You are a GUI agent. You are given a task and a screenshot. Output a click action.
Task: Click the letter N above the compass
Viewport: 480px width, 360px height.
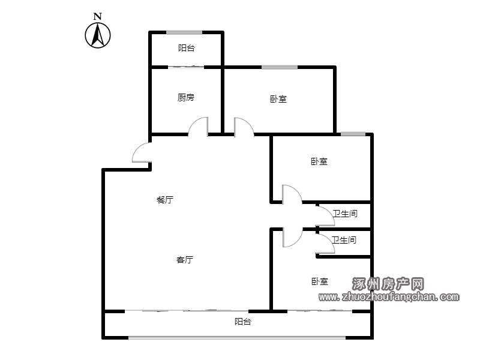click(x=98, y=16)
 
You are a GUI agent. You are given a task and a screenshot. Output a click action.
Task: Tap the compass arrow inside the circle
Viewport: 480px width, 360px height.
click(x=98, y=35)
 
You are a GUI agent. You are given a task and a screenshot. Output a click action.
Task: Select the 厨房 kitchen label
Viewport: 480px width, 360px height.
click(x=186, y=97)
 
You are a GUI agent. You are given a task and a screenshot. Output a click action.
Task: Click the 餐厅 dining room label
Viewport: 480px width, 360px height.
click(x=165, y=200)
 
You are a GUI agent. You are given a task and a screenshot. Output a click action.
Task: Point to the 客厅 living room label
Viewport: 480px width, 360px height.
click(x=185, y=260)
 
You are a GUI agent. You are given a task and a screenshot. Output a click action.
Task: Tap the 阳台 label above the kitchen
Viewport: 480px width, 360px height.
click(x=187, y=48)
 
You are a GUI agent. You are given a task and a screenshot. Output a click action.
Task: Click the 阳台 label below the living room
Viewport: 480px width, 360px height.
click(x=243, y=322)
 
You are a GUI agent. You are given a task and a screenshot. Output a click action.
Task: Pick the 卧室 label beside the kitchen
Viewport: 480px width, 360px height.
click(x=278, y=99)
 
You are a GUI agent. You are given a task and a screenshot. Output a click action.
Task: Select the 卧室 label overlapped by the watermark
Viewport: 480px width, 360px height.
click(x=320, y=281)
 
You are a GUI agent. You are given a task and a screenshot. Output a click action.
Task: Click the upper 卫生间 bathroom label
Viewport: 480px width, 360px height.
click(x=345, y=214)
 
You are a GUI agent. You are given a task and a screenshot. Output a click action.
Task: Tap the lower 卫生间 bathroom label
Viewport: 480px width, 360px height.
click(x=344, y=239)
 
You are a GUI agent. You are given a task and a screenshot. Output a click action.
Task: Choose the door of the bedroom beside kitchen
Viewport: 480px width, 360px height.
click(x=248, y=122)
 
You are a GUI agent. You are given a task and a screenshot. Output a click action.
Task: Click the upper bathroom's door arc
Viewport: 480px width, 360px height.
click(x=329, y=212)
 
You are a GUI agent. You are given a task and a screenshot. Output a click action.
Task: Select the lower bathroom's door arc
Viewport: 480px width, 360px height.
click(x=329, y=239)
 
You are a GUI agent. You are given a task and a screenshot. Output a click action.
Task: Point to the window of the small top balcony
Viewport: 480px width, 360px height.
click(x=184, y=32)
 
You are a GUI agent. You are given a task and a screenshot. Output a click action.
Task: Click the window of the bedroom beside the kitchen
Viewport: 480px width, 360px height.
click(x=280, y=67)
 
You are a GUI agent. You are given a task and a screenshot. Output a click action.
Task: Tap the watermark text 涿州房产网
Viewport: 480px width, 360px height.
click(x=388, y=284)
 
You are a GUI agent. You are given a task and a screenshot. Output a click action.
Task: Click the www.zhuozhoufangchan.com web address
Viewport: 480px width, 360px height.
click(x=389, y=296)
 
